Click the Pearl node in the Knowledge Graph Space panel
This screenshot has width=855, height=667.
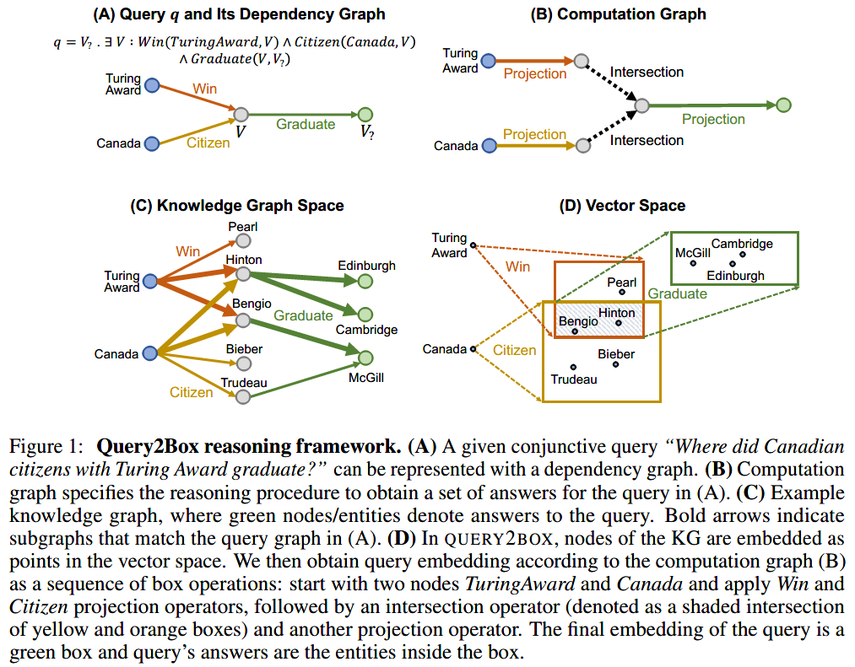[243, 241]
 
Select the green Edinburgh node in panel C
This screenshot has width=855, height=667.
[365, 281]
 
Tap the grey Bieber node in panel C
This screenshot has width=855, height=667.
[243, 363]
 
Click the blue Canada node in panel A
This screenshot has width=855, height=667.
[152, 144]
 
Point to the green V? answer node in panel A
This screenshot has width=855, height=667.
[365, 115]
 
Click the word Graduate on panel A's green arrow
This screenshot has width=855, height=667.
[306, 125]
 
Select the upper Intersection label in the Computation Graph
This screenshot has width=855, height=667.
[647, 73]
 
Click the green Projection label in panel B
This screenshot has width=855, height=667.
[713, 120]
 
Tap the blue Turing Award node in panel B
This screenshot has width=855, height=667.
[489, 60]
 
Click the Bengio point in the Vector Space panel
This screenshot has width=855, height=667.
[574, 331]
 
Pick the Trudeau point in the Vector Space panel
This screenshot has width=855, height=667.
[573, 366]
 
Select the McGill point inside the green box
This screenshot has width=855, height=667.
[692, 263]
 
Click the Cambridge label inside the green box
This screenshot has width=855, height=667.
[742, 244]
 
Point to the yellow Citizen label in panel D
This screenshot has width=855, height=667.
[514, 350]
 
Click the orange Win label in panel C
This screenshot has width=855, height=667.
[187, 251]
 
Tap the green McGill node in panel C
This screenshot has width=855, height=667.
[365, 358]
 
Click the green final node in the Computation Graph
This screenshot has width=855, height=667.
[783, 105]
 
